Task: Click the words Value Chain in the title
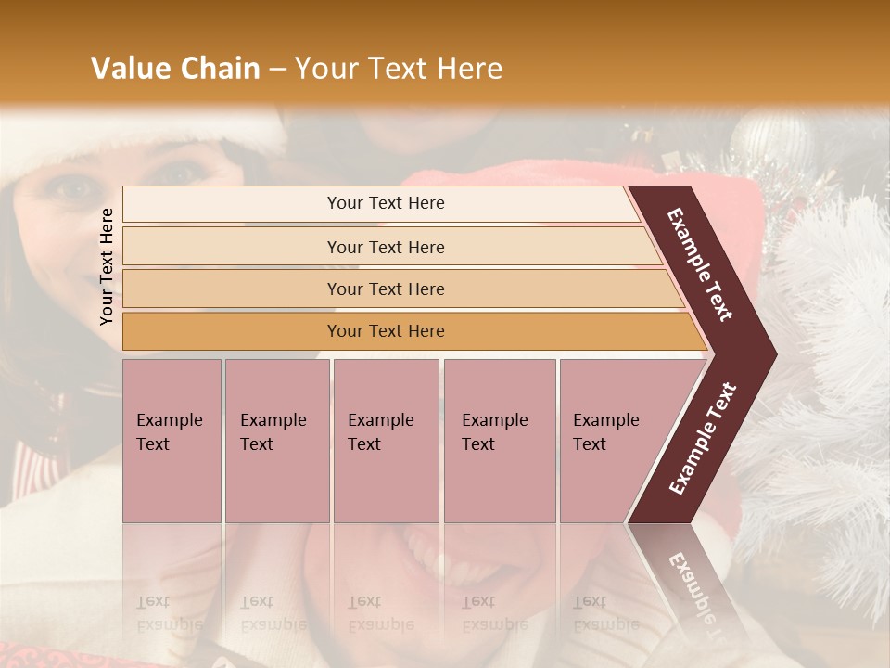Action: coord(175,69)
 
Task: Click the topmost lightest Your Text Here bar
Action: coord(385,203)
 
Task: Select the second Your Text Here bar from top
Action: coord(385,247)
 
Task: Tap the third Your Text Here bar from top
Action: coord(385,289)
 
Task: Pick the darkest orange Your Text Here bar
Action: coord(385,331)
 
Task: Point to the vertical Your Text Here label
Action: coord(108,266)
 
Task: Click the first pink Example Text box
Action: coord(172,441)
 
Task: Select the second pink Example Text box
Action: coord(276,441)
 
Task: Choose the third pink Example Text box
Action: coord(386,441)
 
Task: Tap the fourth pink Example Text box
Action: coord(499,441)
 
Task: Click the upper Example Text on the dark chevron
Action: coord(700,264)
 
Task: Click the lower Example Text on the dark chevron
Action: coord(702,439)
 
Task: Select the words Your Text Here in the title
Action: coord(399,69)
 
